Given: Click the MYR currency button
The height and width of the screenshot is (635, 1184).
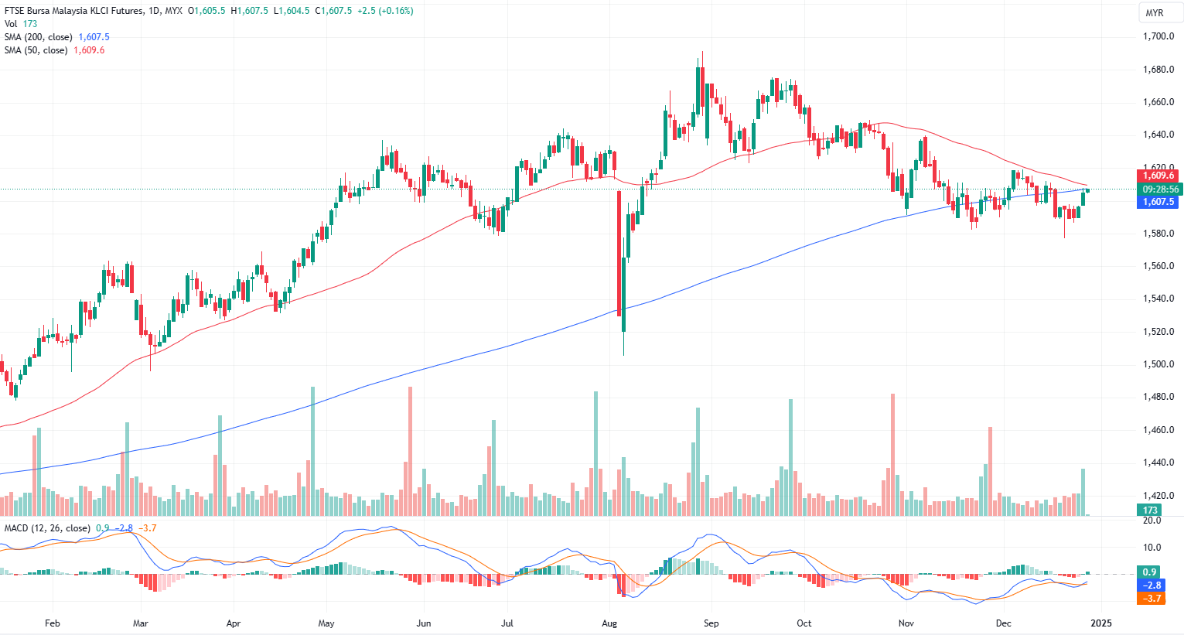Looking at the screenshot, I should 1154,13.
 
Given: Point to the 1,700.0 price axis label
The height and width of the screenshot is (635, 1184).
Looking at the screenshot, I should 1158,36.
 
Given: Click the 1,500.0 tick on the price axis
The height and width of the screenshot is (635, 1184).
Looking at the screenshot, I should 1158,364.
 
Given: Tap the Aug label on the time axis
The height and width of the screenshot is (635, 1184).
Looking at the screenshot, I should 610,623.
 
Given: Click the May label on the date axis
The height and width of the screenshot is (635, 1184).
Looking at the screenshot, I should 326,623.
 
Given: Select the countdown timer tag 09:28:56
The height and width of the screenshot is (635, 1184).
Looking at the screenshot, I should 1160,189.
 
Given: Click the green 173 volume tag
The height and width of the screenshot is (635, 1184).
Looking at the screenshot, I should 1150,510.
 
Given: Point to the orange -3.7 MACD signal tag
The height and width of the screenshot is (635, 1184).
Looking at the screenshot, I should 1149,599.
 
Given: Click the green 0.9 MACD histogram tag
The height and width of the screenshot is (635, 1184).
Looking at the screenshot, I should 1149,572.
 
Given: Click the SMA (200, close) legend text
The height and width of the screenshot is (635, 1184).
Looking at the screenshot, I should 39,37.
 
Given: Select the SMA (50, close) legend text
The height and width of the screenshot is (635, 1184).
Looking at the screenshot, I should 36,50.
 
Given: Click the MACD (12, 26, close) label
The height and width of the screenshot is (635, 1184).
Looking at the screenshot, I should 46,528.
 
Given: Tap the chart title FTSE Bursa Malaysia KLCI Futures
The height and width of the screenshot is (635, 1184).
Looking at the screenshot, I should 74,11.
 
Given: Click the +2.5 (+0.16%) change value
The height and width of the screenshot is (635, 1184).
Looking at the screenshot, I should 385,11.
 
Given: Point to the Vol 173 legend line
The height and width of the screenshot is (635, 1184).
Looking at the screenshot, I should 21,24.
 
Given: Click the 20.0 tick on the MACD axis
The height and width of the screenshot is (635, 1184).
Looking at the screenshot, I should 1152,521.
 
